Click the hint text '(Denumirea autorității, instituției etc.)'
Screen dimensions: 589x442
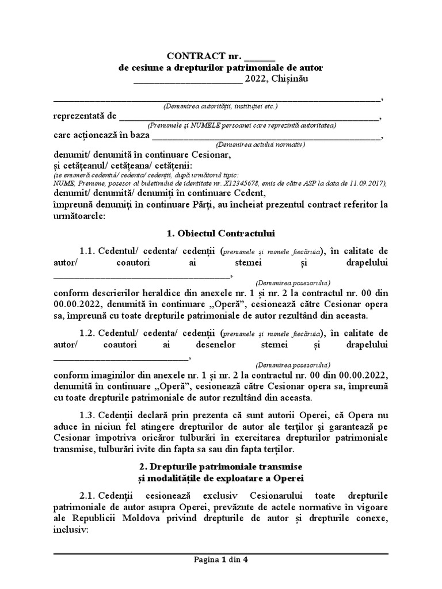pyautogui.click(x=220, y=106)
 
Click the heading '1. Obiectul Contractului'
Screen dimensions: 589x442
pyautogui.click(x=220, y=234)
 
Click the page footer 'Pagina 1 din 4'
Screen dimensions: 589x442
pyautogui.click(x=220, y=559)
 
